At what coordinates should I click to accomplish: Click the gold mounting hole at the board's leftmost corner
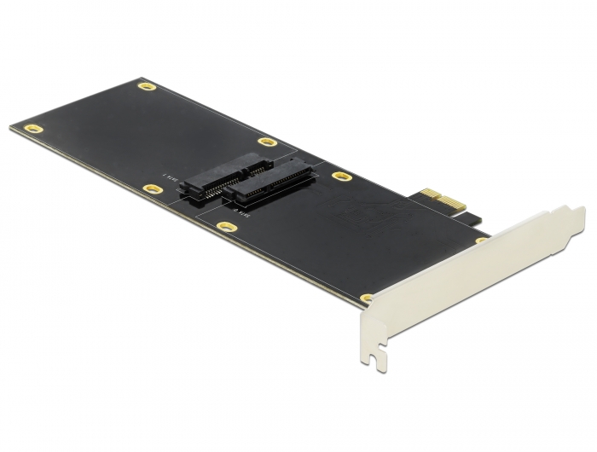coord(33,129)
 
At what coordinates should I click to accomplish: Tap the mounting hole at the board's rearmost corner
coord(148,87)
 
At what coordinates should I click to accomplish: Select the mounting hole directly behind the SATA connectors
coord(267,142)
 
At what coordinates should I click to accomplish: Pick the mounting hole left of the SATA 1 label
coord(153,188)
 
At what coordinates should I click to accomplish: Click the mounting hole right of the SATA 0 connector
coord(341,177)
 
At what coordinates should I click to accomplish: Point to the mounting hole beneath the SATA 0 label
coord(226,227)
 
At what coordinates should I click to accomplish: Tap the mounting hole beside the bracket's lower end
coord(367,298)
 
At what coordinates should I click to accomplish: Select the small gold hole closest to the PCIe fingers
coord(480,240)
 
